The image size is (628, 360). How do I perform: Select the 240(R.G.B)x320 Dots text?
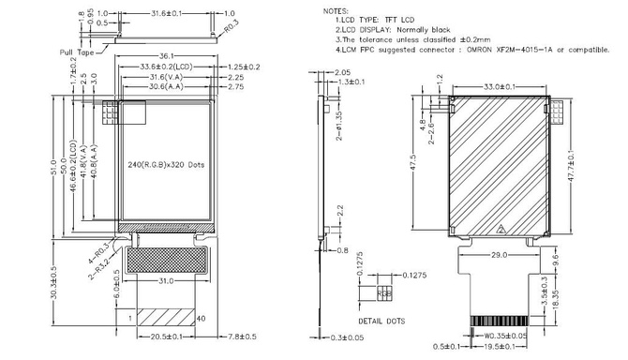(166, 164)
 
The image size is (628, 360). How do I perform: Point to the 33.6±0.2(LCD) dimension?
(166, 67)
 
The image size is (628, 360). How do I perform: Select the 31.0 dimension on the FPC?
(165, 281)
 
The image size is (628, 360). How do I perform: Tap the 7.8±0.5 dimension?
(232, 336)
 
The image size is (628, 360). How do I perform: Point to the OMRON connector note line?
(469, 49)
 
